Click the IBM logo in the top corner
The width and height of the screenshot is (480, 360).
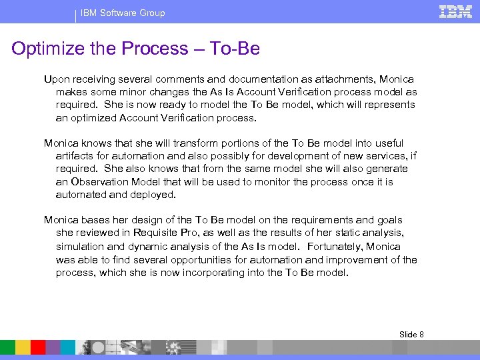click(x=455, y=11)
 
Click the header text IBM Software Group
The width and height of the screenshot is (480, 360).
click(x=123, y=13)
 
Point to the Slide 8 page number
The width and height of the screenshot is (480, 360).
click(x=411, y=334)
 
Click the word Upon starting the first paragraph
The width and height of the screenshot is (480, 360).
click(x=56, y=79)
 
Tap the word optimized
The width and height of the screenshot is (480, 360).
click(x=95, y=118)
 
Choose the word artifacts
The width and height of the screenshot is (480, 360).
click(x=75, y=156)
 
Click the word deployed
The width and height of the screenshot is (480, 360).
click(x=154, y=195)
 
